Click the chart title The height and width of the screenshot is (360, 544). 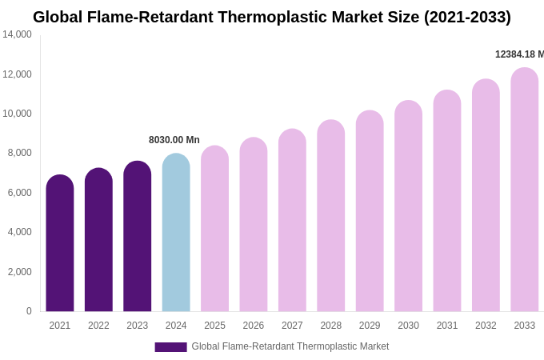click(272, 17)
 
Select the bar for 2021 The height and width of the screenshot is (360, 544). click(60, 243)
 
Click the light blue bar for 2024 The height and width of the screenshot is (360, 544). click(176, 233)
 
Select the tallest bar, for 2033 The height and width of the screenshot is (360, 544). click(525, 190)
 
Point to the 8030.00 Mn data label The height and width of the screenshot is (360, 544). click(174, 140)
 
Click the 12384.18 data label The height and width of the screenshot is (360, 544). click(519, 54)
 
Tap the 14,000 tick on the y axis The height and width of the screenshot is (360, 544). click(17, 34)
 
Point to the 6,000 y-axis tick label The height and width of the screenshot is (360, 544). click(19, 193)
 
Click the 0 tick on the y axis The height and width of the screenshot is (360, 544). click(29, 311)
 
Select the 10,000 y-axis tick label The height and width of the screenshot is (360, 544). click(17, 114)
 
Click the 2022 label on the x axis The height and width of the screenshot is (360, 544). click(98, 326)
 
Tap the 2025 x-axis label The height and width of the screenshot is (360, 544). click(214, 326)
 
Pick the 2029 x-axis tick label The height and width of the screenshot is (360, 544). click(370, 326)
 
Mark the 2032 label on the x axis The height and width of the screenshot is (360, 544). click(486, 326)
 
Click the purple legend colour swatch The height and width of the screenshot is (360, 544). click(170, 347)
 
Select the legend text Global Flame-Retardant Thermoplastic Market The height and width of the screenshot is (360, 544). click(290, 346)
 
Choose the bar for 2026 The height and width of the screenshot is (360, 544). click(254, 225)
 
